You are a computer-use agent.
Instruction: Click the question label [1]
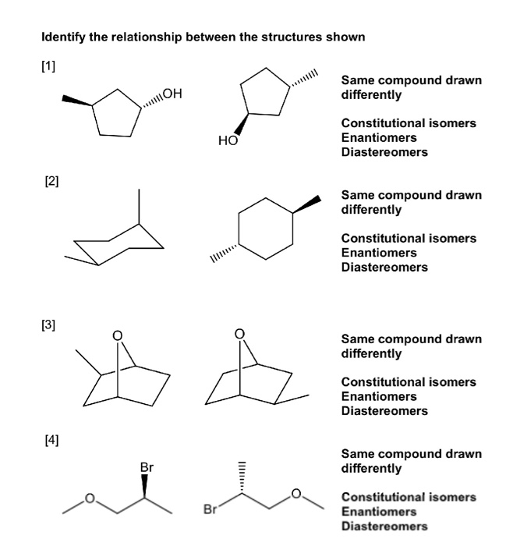[48, 62]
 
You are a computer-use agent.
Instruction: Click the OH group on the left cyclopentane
[172, 95]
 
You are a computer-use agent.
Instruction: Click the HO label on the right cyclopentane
[227, 141]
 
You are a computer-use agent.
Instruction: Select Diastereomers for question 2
[384, 268]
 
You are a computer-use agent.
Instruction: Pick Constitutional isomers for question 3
[409, 382]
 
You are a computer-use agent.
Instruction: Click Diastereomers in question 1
[384, 152]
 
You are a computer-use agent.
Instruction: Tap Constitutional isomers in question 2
[409, 238]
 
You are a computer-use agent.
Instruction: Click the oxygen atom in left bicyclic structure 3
[118, 336]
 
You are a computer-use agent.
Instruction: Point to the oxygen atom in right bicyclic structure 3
[240, 335]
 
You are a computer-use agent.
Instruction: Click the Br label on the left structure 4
[147, 467]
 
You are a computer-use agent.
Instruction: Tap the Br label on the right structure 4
[210, 512]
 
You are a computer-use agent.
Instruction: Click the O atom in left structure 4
[90, 498]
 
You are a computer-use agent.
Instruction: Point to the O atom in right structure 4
[296, 493]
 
